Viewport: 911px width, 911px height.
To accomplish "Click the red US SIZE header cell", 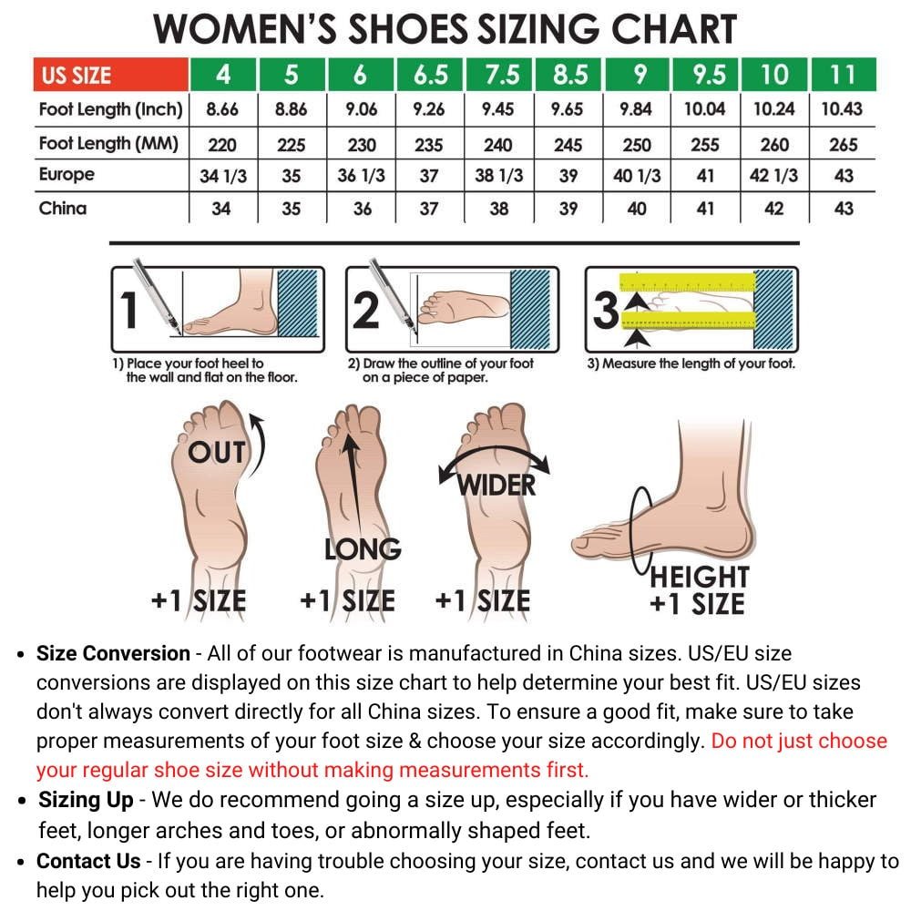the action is (x=110, y=75).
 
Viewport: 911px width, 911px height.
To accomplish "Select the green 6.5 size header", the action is (x=430, y=75).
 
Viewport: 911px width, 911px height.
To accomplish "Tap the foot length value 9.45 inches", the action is (x=498, y=109).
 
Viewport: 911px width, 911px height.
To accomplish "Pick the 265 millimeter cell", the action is (x=843, y=144).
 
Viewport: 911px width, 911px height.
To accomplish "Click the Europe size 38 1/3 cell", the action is (x=498, y=176).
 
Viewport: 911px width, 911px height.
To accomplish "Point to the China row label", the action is (x=63, y=208).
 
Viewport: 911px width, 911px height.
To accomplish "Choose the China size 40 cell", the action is (x=637, y=209).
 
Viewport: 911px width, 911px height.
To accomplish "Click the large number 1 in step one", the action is (x=129, y=310).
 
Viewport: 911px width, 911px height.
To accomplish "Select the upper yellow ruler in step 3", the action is (x=687, y=281).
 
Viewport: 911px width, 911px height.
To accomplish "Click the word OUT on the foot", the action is (x=217, y=453).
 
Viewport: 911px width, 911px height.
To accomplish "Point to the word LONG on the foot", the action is (x=363, y=549).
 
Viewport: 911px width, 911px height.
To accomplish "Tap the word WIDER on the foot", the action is (x=496, y=486).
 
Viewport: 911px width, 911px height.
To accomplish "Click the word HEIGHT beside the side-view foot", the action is (x=700, y=577).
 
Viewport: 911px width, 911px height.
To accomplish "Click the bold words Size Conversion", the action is (x=113, y=653).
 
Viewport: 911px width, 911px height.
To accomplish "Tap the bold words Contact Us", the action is (x=88, y=861).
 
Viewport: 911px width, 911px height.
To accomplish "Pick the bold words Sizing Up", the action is (x=86, y=800).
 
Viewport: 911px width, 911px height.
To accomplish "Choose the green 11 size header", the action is (x=843, y=75).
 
